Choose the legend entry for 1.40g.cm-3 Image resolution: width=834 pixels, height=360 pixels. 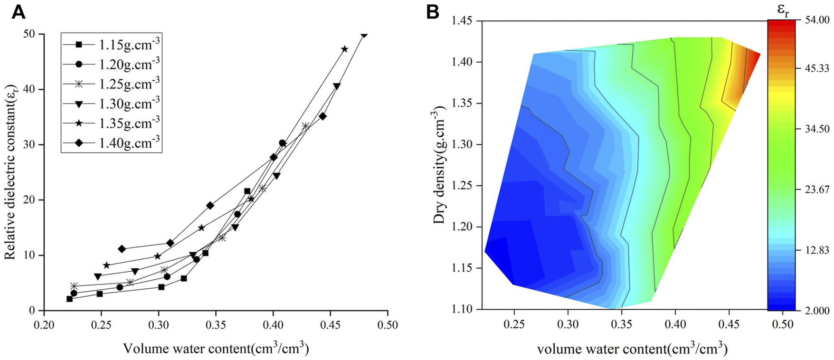(129, 142)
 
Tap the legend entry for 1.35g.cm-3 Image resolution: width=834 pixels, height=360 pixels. (129, 123)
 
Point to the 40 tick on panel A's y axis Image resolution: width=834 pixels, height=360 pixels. (30, 89)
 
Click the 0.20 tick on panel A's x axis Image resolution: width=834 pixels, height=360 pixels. (44, 325)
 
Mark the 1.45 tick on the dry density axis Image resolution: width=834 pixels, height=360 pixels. (462, 21)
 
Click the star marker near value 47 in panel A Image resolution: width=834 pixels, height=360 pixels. (345, 49)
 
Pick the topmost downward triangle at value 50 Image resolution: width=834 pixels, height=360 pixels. (364, 35)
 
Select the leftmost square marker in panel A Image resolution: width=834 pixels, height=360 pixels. (69, 299)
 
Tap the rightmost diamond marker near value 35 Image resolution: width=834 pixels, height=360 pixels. (323, 116)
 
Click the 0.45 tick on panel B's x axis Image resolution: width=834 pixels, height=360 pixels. (729, 324)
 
